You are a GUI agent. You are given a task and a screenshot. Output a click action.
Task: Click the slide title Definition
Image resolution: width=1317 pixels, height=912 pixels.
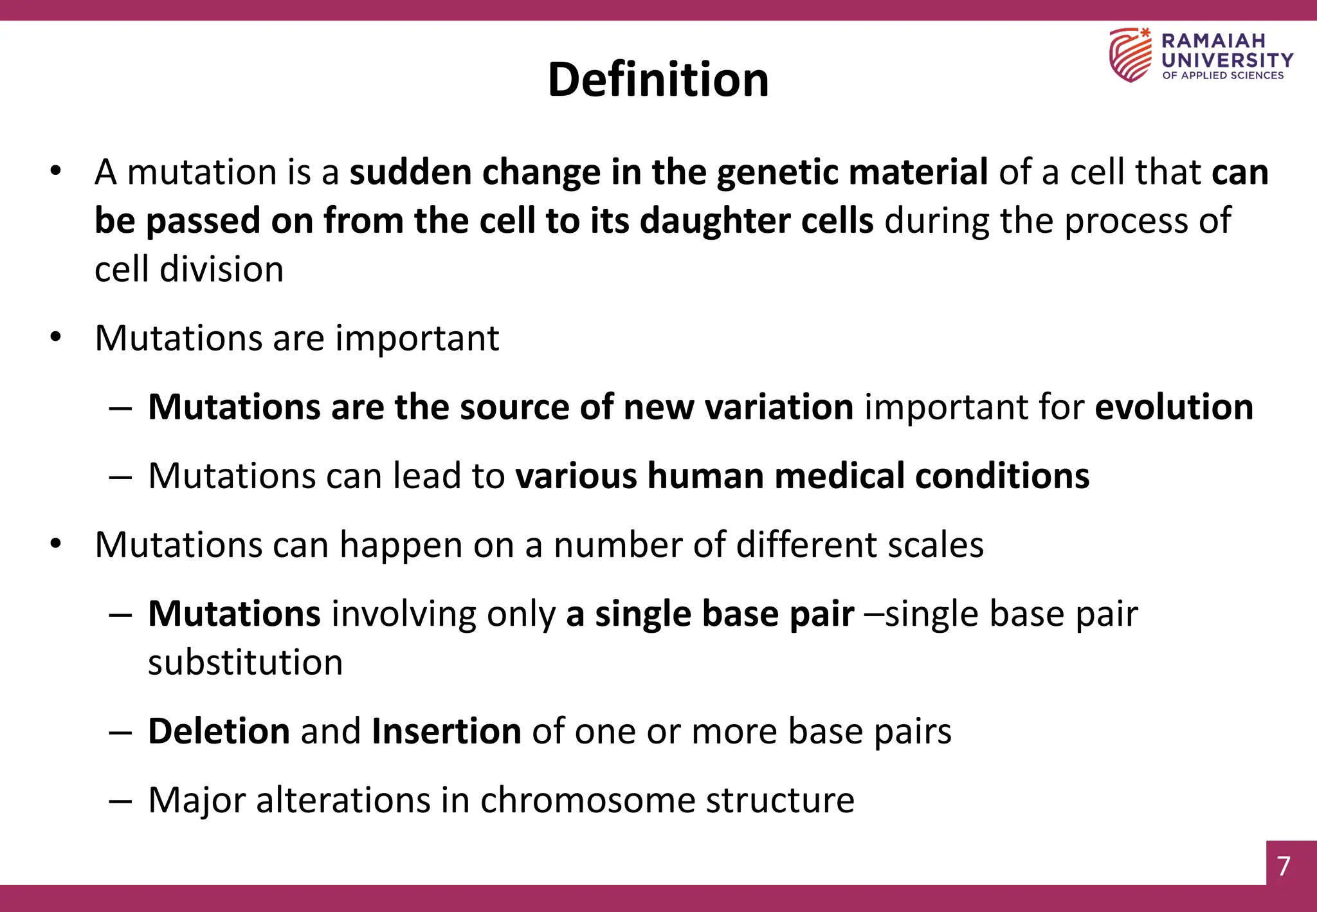pos(658,80)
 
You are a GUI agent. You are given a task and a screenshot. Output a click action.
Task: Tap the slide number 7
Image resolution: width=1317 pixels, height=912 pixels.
pos(1284,866)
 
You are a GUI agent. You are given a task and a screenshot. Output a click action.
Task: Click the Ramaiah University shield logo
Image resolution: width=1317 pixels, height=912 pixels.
pos(1130,55)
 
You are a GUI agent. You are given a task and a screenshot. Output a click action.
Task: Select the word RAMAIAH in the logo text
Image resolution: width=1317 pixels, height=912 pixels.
pos(1213,41)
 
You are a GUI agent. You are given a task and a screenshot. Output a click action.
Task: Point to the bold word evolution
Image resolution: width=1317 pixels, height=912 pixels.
pos(1174,407)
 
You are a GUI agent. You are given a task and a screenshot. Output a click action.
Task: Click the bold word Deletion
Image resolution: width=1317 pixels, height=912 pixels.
pos(219,731)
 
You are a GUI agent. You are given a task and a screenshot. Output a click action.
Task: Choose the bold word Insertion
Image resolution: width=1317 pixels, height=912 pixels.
pos(446,731)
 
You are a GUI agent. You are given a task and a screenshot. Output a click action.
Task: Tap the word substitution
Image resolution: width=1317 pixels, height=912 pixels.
pos(245,662)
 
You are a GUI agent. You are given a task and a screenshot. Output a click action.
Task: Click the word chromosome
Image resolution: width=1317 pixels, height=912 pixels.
pos(587,800)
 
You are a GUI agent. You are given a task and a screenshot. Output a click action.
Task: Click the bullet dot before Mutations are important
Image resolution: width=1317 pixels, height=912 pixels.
pos(56,337)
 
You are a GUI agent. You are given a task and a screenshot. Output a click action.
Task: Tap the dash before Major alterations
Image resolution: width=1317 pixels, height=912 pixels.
pos(120,801)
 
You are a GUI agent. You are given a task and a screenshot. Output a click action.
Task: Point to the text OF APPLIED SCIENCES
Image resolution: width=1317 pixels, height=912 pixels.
pos(1222,76)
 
